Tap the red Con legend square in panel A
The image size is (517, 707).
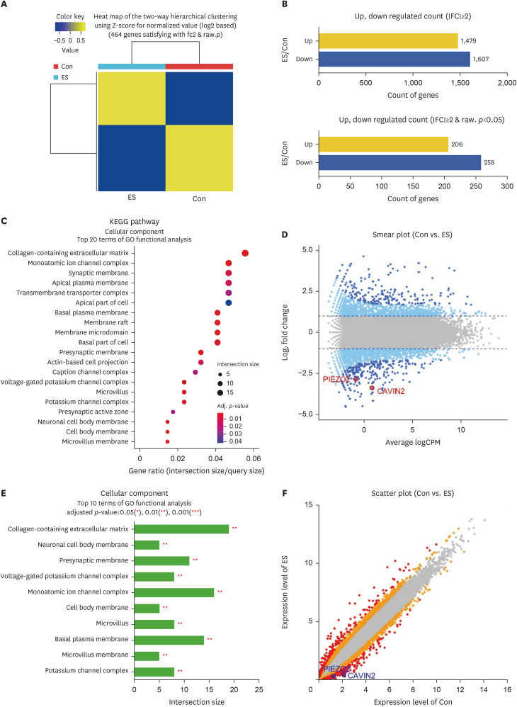pyautogui.click(x=55, y=66)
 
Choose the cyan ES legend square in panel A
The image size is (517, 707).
pyautogui.click(x=55, y=77)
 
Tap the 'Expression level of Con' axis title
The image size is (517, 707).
pyautogui.click(x=414, y=700)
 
